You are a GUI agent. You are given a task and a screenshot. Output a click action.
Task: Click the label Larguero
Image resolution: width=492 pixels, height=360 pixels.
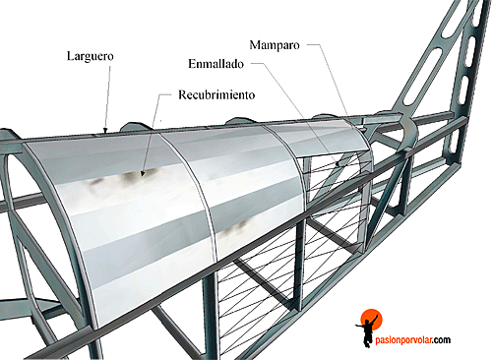click(x=90, y=57)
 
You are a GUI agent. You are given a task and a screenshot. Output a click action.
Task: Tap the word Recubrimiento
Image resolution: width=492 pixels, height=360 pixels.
click(x=216, y=96)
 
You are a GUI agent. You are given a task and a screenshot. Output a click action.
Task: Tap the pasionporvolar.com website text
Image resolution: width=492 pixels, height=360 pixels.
click(x=412, y=340)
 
